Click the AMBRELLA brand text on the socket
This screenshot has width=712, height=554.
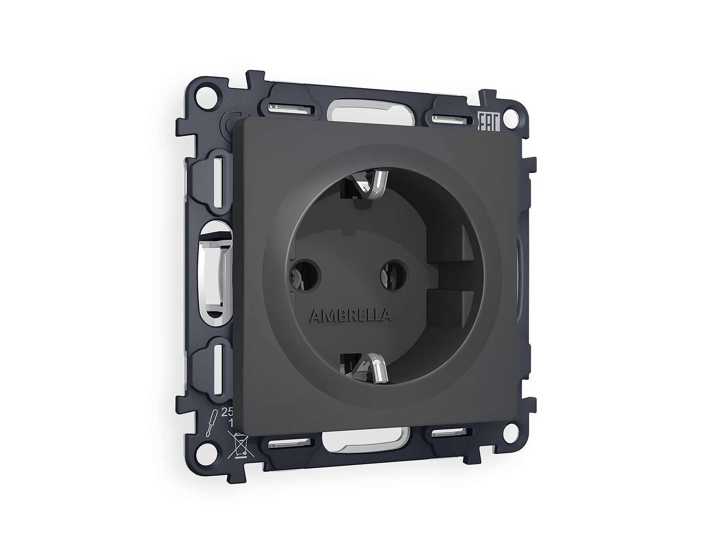(x=352, y=316)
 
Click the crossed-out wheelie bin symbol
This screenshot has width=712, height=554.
(x=239, y=446)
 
